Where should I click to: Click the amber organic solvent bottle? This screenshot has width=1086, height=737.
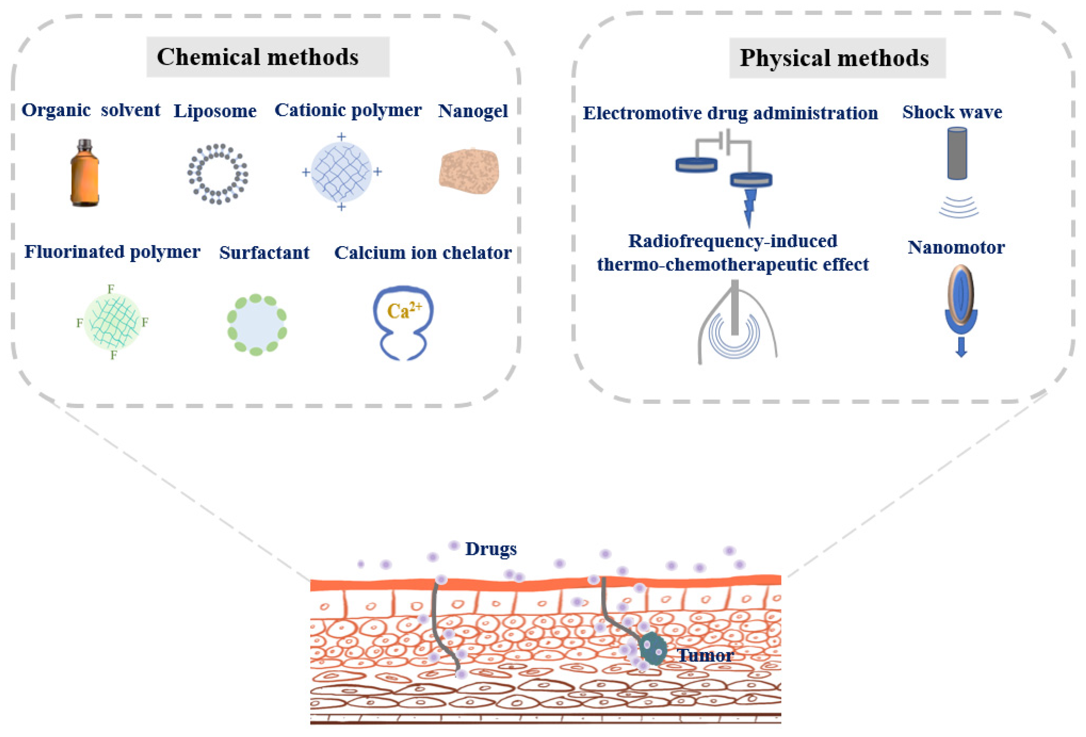(85, 174)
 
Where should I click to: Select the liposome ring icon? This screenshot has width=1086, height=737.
(218, 174)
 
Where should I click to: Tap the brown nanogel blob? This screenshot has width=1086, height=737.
(469, 171)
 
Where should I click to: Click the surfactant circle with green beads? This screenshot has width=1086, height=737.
(257, 325)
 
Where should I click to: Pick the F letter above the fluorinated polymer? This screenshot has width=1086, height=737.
(111, 289)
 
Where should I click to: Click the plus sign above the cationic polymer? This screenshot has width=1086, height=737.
(342, 136)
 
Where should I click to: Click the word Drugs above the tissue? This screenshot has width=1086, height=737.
(491, 549)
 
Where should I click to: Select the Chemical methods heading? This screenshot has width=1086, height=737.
(258, 57)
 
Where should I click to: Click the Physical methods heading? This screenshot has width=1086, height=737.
(834, 58)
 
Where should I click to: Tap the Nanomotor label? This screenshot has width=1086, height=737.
(956, 247)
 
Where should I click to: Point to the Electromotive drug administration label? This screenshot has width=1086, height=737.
(730, 113)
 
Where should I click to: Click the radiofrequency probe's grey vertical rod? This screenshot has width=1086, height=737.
(735, 306)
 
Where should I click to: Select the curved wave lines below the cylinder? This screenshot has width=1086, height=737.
(959, 207)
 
